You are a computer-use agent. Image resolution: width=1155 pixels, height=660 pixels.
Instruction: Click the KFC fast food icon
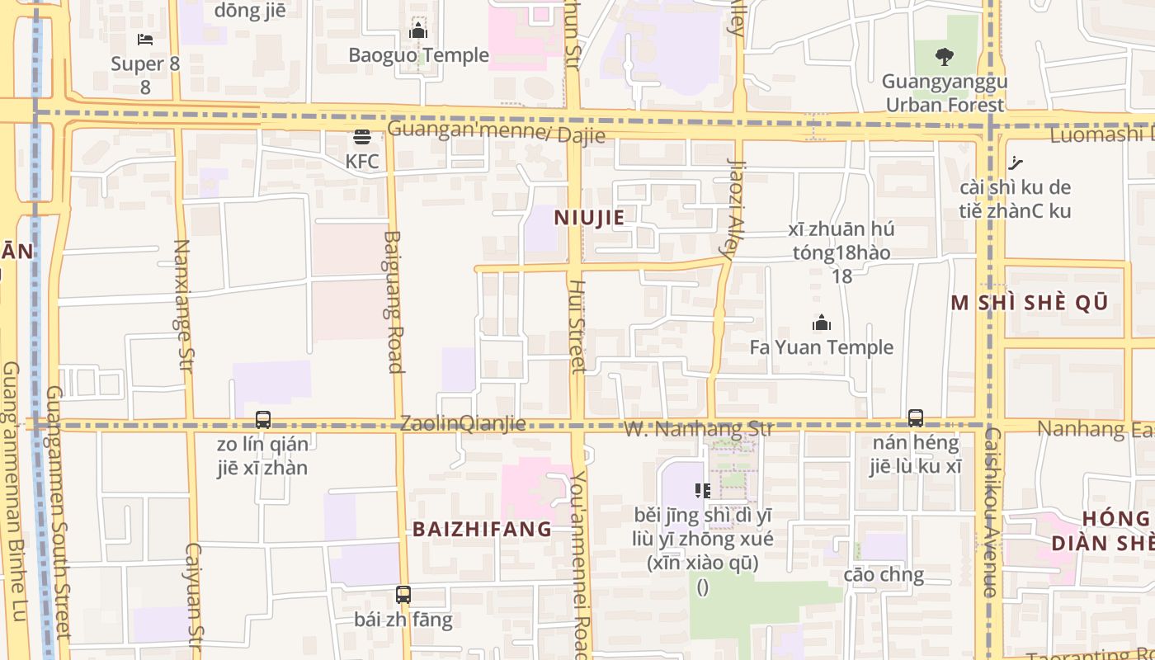pos(362,137)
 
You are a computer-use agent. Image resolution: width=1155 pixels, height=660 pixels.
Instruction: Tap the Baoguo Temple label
pos(418,55)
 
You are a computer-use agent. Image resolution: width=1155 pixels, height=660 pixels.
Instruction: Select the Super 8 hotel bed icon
pos(145,40)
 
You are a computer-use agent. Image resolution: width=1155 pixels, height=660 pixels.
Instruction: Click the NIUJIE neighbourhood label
pos(589,218)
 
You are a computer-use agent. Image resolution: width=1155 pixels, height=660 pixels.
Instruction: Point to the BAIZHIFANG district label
pos(482,529)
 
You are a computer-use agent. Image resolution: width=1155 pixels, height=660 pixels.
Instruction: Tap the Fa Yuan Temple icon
pos(821,323)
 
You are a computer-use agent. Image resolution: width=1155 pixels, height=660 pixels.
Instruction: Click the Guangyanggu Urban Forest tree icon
pos(945,57)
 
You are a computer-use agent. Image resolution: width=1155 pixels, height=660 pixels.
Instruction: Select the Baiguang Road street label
pos(393,302)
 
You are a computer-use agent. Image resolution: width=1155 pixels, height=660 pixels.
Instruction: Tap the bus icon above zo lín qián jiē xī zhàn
pos(263,420)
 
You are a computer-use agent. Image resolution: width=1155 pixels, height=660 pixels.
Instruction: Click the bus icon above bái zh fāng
pos(403,594)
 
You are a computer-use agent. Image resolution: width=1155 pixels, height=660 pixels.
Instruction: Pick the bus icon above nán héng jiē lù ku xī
pos(915,418)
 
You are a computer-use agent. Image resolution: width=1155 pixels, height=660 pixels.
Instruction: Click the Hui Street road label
pos(577,326)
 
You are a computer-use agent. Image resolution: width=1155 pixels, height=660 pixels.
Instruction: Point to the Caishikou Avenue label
pos(991,511)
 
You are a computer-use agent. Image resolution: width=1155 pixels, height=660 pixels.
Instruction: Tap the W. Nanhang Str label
pos(698,428)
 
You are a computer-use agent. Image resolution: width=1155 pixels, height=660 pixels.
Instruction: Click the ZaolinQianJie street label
pos(463,424)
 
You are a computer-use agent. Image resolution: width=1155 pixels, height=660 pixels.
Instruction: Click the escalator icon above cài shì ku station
pos(1016,163)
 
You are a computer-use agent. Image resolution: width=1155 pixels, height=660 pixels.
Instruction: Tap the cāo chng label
pos(884,574)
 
